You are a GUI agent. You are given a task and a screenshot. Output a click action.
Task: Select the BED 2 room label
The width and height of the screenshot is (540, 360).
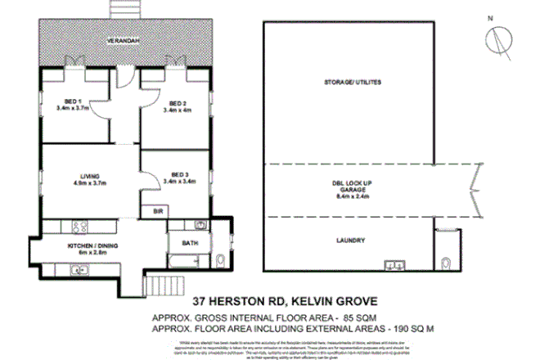click(177, 103)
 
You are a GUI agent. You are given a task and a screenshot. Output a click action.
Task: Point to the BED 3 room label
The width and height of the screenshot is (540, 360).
click(178, 177)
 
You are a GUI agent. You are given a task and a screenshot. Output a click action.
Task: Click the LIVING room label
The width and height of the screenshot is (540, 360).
click(89, 177)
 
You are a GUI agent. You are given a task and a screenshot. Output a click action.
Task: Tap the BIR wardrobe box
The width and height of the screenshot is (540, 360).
click(157, 210)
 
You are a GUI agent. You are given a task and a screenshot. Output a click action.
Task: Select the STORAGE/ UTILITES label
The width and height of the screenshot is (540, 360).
click(353, 83)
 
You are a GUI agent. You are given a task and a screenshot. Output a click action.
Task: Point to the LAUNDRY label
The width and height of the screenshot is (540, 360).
click(350, 240)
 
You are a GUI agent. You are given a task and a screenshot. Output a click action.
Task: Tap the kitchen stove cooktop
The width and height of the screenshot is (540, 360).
click(80, 225)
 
